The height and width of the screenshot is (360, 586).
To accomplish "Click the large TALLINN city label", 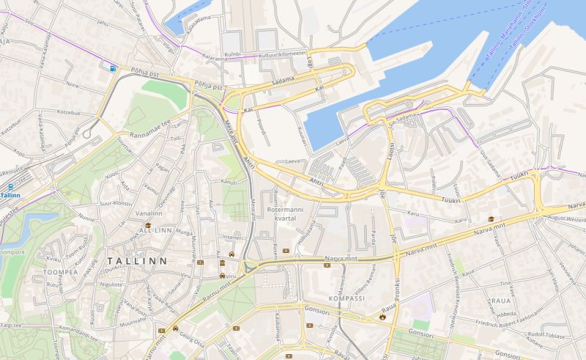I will click(137, 260).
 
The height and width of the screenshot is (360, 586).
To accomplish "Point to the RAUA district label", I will click(500, 301).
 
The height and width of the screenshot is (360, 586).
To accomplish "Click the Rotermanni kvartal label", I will click(290, 213).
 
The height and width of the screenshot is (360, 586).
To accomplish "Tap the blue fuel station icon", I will click(112, 67).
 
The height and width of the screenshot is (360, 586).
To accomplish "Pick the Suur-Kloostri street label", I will click(115, 202).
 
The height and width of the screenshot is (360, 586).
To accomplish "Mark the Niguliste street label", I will click(111, 283).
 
